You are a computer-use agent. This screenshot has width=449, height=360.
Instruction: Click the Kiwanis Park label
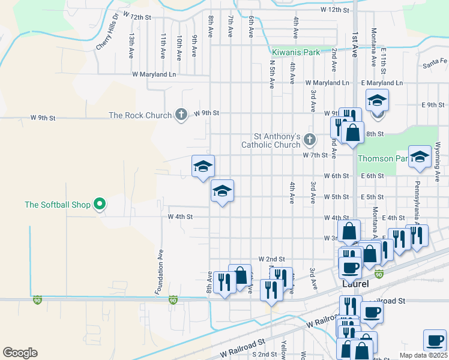[x=296, y=52]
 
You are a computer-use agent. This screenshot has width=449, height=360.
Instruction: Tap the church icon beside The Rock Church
[x=181, y=115]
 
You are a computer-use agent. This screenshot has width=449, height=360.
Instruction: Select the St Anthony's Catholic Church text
[x=270, y=140]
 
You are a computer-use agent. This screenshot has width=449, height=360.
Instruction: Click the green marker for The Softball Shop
[x=101, y=205]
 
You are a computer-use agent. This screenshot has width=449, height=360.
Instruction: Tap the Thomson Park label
[x=383, y=158]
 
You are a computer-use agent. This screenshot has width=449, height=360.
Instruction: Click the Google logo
[x=20, y=353]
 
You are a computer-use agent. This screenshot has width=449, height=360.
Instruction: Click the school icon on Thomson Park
[x=420, y=156]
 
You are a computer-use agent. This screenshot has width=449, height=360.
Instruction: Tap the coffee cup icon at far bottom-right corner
[x=434, y=340]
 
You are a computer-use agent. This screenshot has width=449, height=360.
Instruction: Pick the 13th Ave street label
[x=130, y=46]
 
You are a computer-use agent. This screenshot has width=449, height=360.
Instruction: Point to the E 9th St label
[x=432, y=105]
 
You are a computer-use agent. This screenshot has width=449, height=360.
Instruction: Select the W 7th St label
[x=316, y=155]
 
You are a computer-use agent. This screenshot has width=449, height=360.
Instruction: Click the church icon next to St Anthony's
[x=309, y=140]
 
